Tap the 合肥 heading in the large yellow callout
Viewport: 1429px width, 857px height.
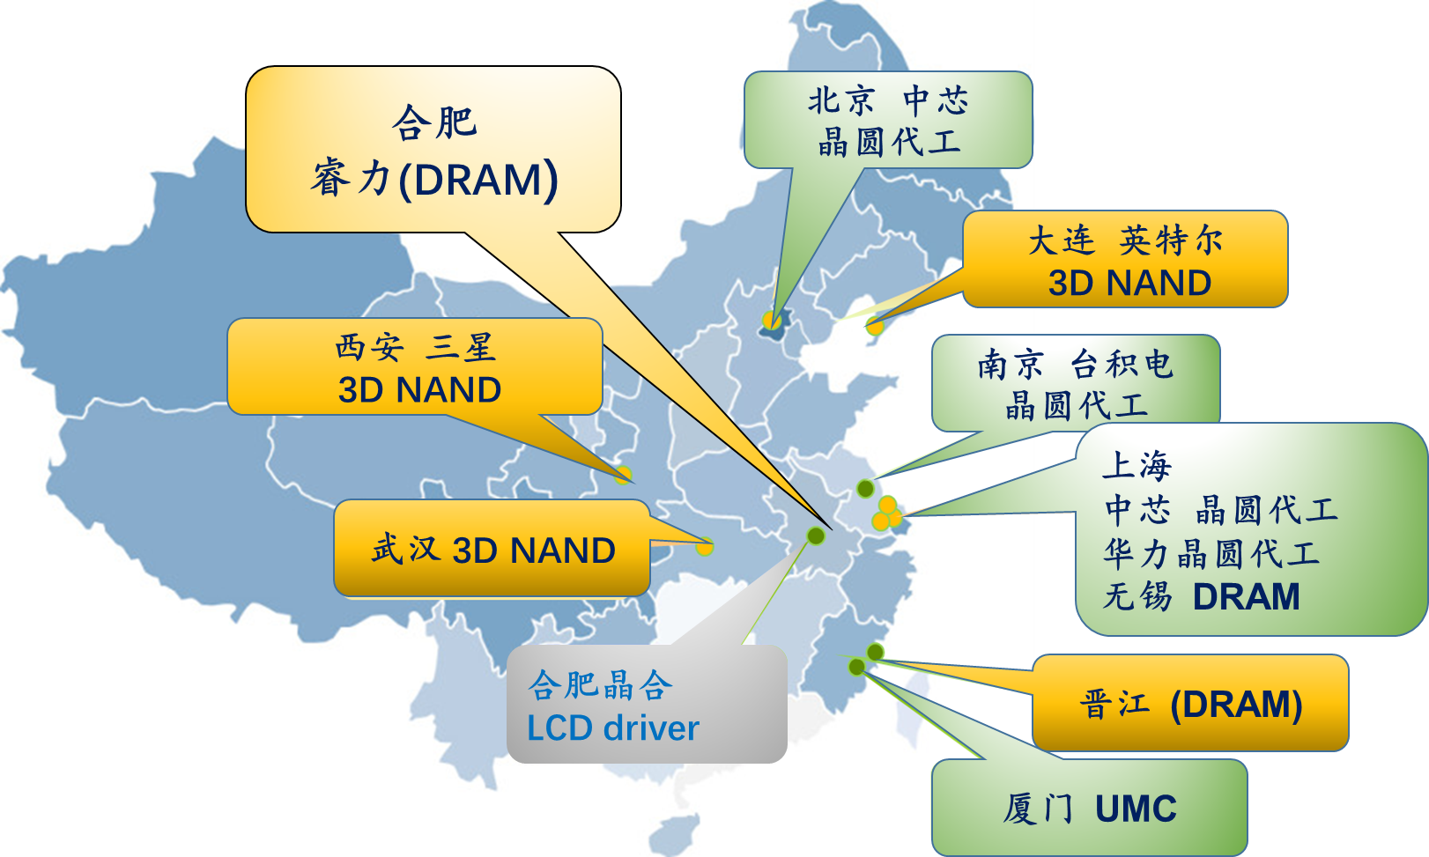pos(434,122)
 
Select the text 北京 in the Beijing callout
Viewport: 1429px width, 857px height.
pos(840,100)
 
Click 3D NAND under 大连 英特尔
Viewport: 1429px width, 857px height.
pos(1129,283)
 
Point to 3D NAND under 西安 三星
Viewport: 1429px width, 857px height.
pos(419,389)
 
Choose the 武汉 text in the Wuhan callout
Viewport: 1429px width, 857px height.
pos(406,549)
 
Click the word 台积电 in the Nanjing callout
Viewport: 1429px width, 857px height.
pos(1122,364)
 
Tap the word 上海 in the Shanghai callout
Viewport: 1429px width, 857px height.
pos(1137,465)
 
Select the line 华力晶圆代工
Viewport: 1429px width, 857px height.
pos(1211,553)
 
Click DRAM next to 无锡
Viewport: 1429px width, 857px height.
pos(1246,597)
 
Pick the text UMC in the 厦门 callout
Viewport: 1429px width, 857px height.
pos(1136,809)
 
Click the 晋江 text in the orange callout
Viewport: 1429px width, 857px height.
pos(1114,704)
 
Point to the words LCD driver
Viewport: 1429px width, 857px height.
pos(613,728)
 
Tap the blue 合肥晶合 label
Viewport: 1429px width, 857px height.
pos(600,685)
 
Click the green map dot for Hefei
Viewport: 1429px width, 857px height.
pos(815,536)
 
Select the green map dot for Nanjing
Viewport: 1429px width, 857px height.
pos(865,489)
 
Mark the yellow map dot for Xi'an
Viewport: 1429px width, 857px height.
pos(623,475)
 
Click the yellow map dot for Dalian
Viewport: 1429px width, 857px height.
pos(875,327)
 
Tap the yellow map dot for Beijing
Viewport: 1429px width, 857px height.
pos(771,320)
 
